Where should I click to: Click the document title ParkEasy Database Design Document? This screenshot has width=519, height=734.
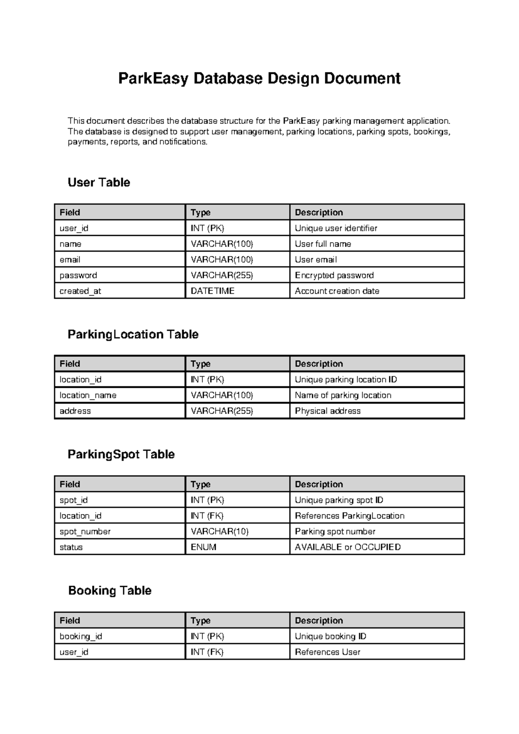(x=259, y=78)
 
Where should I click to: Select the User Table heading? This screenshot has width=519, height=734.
(x=99, y=182)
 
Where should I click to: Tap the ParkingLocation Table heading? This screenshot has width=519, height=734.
(x=133, y=334)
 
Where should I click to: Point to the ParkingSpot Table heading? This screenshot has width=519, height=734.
(x=121, y=454)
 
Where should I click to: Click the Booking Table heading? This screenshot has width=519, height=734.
(x=110, y=590)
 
